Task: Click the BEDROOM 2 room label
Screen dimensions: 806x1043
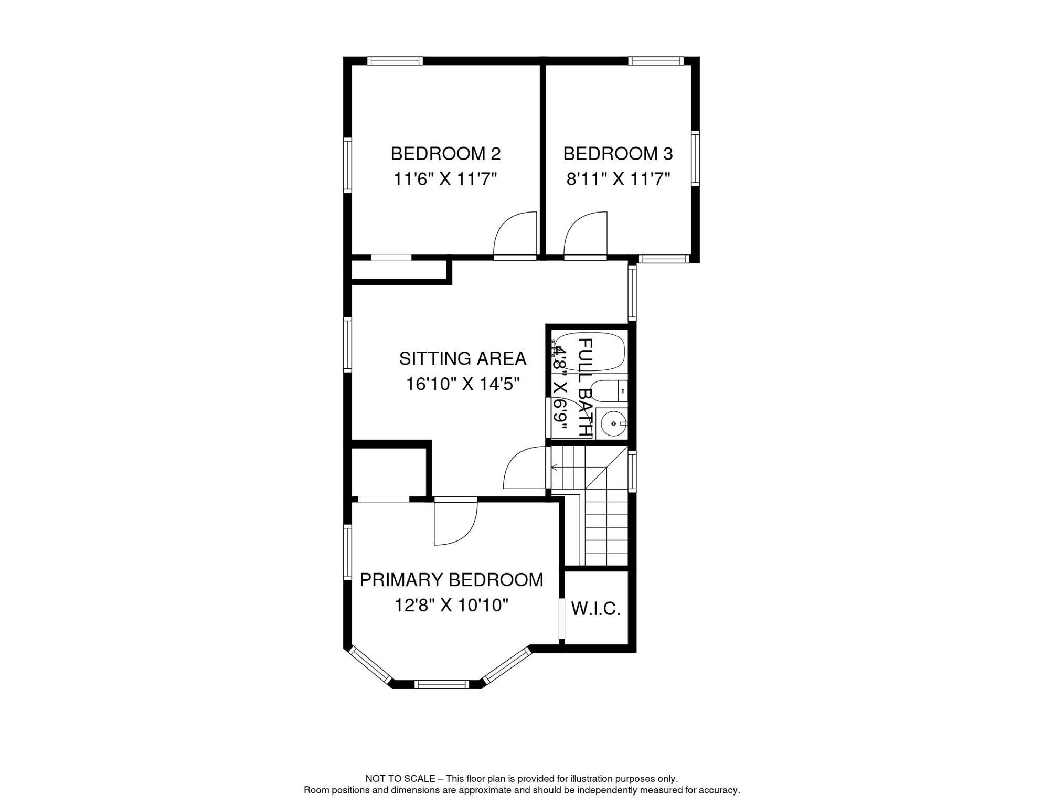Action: pos(445,154)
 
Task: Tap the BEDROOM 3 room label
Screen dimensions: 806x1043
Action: pos(618,154)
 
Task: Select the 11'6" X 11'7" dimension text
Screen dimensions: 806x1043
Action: pos(445,179)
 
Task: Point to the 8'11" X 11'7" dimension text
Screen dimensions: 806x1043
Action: pos(618,179)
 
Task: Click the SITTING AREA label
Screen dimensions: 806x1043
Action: pos(462,359)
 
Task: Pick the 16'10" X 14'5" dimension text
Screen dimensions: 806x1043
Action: pos(462,384)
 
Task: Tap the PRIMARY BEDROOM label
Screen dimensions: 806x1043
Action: pos(451,580)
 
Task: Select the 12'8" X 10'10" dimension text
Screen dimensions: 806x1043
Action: pos(451,606)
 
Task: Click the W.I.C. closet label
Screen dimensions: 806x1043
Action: pos(595,609)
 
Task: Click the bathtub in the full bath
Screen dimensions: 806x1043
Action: pos(590,351)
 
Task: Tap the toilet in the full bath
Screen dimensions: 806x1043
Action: pos(611,391)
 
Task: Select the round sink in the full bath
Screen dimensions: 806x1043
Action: pos(613,423)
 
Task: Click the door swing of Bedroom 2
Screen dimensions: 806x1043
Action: pos(514,235)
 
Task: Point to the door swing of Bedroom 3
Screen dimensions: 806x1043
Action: pos(584,235)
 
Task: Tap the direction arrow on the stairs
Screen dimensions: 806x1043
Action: pos(554,467)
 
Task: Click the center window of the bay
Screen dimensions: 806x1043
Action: pos(441,684)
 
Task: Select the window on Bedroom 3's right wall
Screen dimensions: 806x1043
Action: pos(695,158)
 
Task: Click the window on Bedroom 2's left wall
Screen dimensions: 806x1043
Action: pos(347,165)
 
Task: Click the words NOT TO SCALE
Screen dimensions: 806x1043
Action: pos(400,779)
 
